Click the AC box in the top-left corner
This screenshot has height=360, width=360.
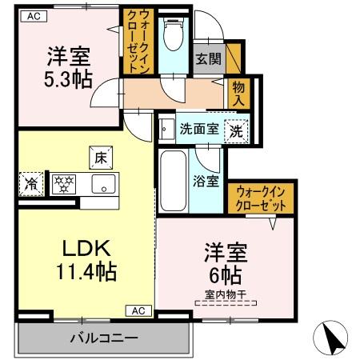pyautogui.click(x=34, y=15)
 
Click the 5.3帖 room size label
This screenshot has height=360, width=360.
pyautogui.click(x=68, y=79)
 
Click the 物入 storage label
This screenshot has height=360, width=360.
pyautogui.click(x=239, y=93)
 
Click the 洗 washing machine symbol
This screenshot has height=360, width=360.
pyautogui.click(x=237, y=129)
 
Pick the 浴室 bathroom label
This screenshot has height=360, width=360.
pyautogui.click(x=206, y=181)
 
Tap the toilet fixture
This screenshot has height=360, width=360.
pyautogui.click(x=170, y=37)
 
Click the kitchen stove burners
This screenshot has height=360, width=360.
pyautogui.click(x=64, y=183)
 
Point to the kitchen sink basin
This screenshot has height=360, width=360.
pyautogui.click(x=103, y=184)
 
